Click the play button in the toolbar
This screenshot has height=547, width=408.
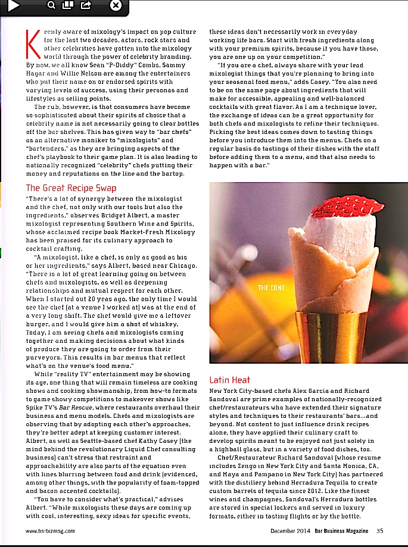(13, 5)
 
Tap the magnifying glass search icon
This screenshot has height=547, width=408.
(51, 6)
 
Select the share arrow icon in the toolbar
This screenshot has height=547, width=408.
(86, 6)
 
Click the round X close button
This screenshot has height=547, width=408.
(116, 6)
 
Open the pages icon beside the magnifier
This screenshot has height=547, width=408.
(68, 6)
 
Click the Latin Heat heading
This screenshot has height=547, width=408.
(230, 380)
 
